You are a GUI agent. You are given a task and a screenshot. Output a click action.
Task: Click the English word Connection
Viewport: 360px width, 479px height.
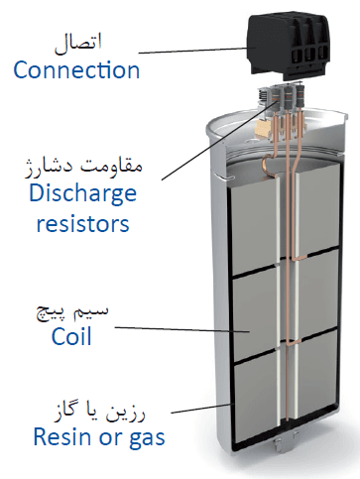76,69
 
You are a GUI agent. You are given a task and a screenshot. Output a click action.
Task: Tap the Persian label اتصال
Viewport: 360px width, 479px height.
78,44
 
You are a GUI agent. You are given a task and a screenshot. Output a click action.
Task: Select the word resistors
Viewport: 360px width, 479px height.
82,223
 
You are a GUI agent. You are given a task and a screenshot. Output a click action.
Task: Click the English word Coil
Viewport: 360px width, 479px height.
71,336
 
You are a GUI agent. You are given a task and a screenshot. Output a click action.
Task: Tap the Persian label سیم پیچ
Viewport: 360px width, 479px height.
72,313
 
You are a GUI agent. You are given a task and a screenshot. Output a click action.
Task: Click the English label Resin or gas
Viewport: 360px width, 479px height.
99,438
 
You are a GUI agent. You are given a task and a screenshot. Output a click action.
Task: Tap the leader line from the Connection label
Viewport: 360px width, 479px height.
193,51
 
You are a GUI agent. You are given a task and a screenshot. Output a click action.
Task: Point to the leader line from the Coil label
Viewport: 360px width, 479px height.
182,329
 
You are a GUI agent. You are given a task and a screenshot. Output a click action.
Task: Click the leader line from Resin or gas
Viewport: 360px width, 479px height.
200,409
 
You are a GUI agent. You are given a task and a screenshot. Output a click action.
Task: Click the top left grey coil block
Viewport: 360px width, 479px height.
254,226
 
